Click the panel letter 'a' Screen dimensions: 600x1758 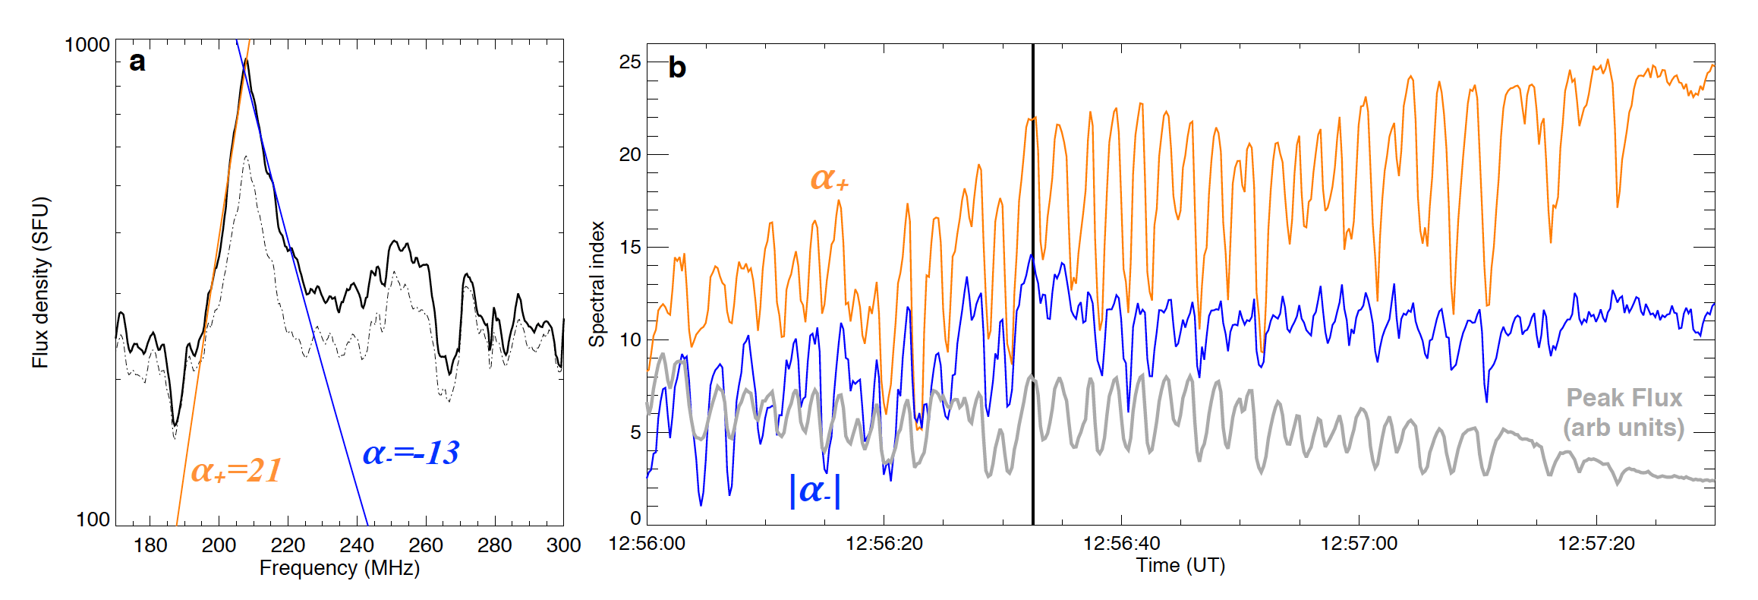pyautogui.click(x=137, y=62)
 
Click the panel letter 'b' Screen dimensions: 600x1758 pyautogui.click(x=676, y=68)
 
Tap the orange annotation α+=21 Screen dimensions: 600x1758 pyautogui.click(x=236, y=471)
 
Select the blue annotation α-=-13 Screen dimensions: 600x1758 pyautogui.click(x=411, y=453)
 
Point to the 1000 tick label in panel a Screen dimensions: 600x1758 pyautogui.click(x=87, y=45)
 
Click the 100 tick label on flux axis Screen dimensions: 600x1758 pyautogui.click(x=93, y=519)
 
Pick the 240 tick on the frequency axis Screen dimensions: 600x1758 pyautogui.click(x=357, y=545)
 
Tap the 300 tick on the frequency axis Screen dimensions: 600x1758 pyautogui.click(x=563, y=545)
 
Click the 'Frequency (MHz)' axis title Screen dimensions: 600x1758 pyautogui.click(x=339, y=568)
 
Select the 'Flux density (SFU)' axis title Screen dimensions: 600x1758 pyautogui.click(x=40, y=283)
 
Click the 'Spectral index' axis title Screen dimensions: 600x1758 pyautogui.click(x=597, y=284)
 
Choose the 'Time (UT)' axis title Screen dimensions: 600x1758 pyautogui.click(x=1180, y=566)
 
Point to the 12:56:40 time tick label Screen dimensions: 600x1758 pyautogui.click(x=1121, y=544)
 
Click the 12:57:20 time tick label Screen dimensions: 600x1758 pyautogui.click(x=1596, y=544)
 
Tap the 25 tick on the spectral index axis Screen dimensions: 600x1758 pyautogui.click(x=630, y=62)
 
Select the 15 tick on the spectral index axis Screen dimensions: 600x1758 pyautogui.click(x=630, y=248)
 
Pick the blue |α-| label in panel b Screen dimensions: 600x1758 pyautogui.click(x=815, y=490)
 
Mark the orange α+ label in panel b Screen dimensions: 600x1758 pyautogui.click(x=829, y=179)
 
